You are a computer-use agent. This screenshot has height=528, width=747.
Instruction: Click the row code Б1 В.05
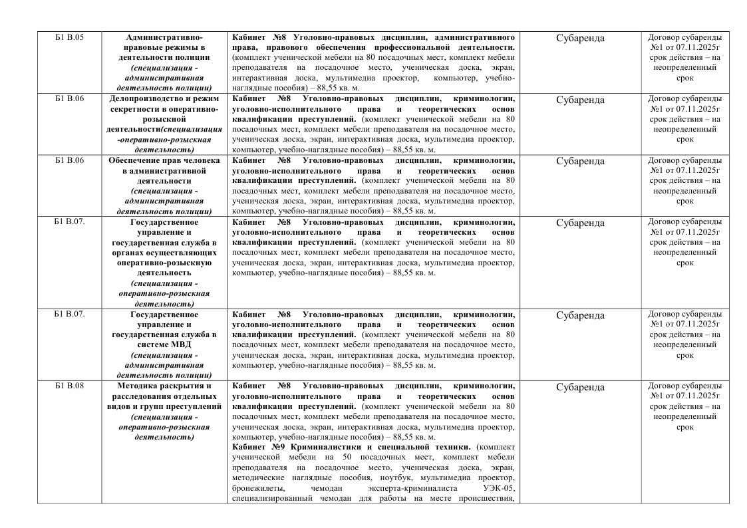(x=69, y=37)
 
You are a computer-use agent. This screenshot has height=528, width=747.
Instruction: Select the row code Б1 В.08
(x=69, y=386)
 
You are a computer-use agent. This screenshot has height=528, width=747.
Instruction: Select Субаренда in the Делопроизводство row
(x=580, y=100)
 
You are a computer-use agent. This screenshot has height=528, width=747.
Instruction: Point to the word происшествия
(x=486, y=498)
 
